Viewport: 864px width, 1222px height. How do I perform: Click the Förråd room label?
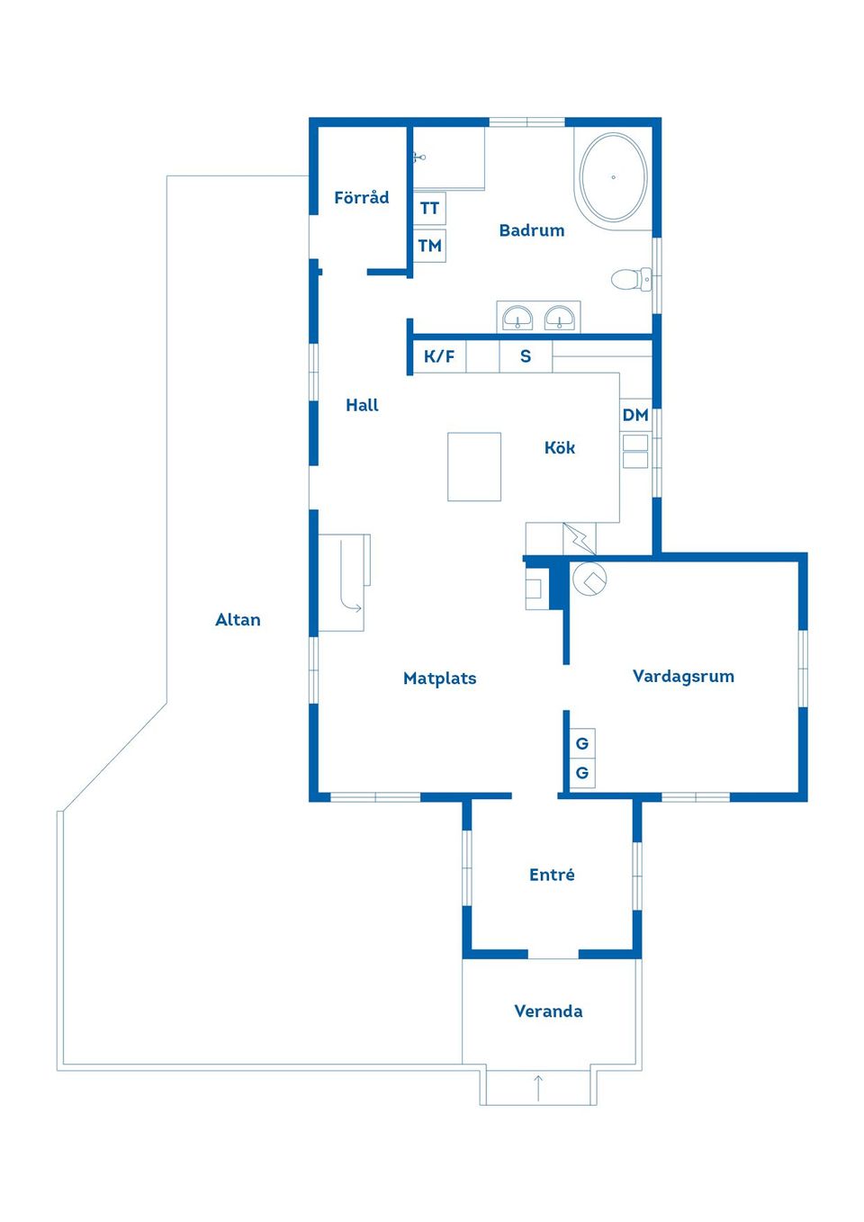click(x=361, y=196)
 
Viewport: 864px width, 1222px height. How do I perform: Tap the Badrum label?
click(x=531, y=230)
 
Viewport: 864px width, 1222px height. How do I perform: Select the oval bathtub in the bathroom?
click(x=614, y=177)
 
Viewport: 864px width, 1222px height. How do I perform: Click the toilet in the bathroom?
click(x=631, y=280)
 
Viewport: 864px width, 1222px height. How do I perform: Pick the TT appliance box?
click(x=429, y=208)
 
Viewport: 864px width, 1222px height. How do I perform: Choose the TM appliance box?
click(x=429, y=246)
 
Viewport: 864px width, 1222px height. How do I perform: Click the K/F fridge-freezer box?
click(x=439, y=356)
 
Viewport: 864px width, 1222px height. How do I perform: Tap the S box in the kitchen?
click(x=526, y=356)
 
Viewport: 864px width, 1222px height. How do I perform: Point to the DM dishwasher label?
click(x=635, y=415)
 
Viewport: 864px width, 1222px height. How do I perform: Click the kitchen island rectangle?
click(x=474, y=466)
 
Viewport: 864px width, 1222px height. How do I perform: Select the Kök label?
click(x=560, y=447)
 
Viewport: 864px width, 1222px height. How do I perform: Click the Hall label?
click(x=362, y=405)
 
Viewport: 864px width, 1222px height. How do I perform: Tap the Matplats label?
click(x=439, y=678)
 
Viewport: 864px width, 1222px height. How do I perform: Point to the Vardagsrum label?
click(x=683, y=677)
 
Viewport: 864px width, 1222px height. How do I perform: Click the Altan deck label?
click(x=238, y=620)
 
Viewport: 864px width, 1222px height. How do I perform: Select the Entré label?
click(x=552, y=875)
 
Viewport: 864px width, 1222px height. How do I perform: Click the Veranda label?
click(x=548, y=1011)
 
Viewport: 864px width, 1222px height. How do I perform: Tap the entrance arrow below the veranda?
click(x=538, y=1087)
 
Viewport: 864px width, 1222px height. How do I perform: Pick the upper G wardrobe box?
click(x=582, y=743)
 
